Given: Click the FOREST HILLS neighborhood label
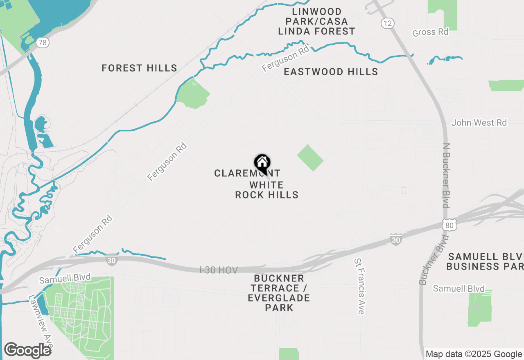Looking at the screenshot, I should pos(139,68).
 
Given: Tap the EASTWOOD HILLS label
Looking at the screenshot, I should pos(331,72).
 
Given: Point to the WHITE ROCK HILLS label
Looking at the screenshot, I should pos(267,190).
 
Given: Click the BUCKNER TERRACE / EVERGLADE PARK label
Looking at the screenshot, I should pos(279,293).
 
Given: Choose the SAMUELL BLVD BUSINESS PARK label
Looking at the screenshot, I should pos(486,262).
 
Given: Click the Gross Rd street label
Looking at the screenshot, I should pos(430,32).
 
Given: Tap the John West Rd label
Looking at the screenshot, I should pos(479,123).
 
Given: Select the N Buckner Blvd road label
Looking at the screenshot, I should pos(446,175).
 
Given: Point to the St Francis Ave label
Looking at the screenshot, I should pos(359,286).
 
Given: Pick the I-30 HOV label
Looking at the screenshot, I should pos(219,270).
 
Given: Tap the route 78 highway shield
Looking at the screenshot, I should pos(42,42).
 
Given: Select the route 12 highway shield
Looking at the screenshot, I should pos(387,23).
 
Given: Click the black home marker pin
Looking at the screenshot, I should pos(262,163).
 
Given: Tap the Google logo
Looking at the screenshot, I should pos(27,350).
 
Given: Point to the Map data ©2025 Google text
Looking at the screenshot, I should pos(474,354).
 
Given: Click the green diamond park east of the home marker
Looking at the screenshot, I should pos(309,157).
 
